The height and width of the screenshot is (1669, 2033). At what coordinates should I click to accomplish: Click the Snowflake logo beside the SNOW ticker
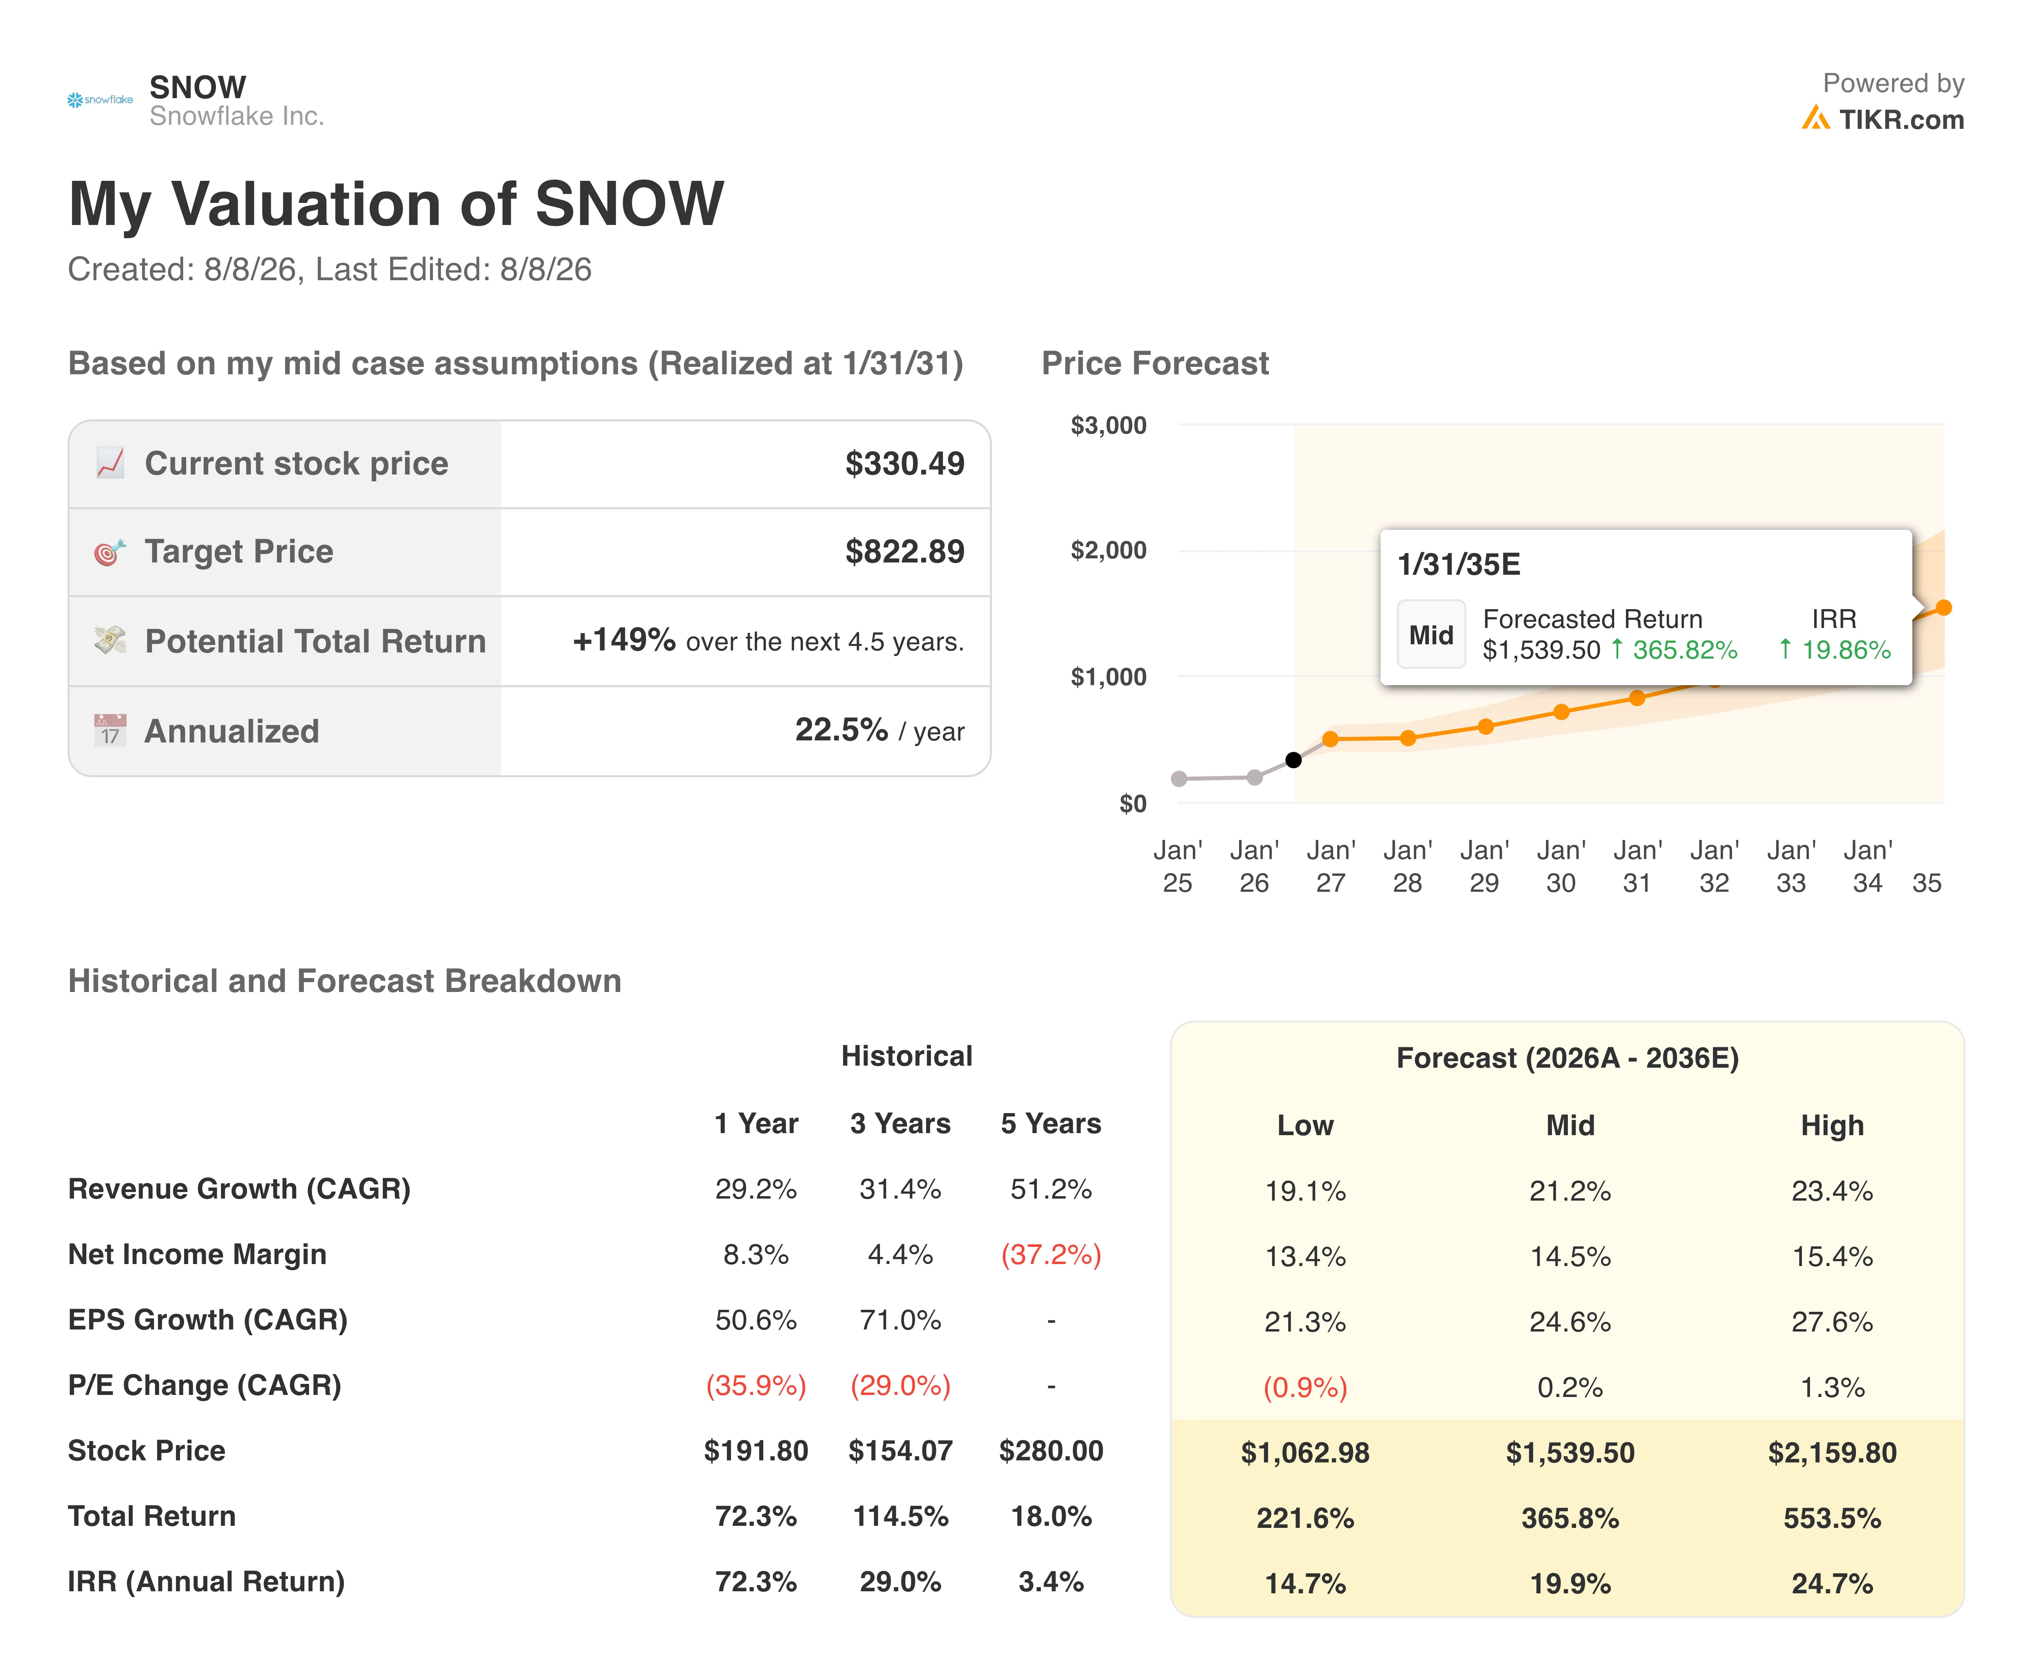click(x=100, y=100)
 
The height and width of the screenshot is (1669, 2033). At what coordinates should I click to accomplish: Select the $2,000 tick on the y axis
click(x=1108, y=551)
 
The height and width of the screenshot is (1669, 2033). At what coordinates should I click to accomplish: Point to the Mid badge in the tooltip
click(x=1431, y=634)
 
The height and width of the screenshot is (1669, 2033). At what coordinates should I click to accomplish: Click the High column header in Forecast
click(x=1832, y=1126)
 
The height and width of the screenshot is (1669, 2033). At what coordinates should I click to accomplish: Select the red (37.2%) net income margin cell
click(x=1050, y=1255)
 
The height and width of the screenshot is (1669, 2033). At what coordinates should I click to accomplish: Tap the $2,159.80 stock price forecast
click(x=1832, y=1453)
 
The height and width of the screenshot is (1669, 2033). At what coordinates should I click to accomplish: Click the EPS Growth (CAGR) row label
click(x=208, y=1320)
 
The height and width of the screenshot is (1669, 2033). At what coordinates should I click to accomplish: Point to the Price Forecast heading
click(x=1156, y=363)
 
